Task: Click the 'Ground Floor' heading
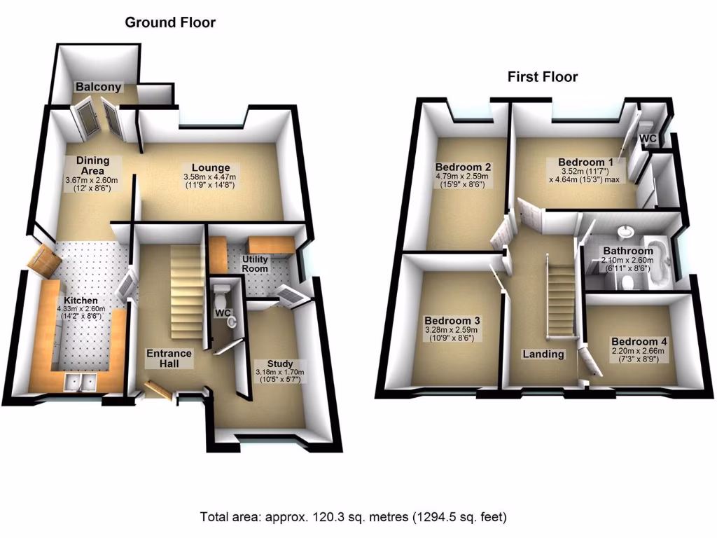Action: (170, 22)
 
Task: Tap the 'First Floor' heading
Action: (543, 76)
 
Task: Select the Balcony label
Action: (99, 88)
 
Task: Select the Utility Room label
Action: (256, 264)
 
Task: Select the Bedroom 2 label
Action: (463, 167)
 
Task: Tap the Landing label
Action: (543, 354)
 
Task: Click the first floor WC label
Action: (648, 139)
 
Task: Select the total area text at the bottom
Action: (353, 518)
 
